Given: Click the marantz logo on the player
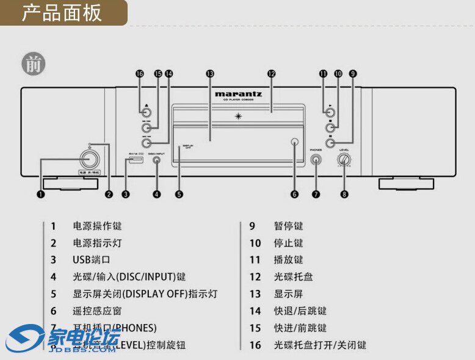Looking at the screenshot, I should [x=238, y=94].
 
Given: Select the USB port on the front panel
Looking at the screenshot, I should [x=135, y=161].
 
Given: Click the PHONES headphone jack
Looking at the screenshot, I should [x=316, y=160].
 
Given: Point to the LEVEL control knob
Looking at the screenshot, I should [x=344, y=160].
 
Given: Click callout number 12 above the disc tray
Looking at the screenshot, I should [x=272, y=73].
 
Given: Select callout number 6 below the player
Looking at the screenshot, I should [x=294, y=194].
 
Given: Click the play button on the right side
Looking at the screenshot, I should [x=330, y=112].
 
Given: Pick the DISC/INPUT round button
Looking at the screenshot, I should [x=157, y=161].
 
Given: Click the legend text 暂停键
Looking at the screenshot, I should [x=288, y=226].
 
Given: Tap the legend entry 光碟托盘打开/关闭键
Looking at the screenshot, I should [x=320, y=345].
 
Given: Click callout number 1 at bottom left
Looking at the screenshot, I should [x=41, y=194].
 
